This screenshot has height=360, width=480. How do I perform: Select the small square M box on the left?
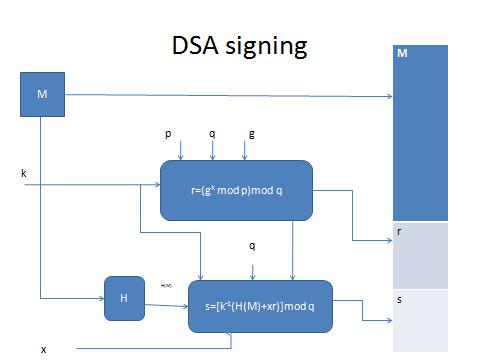click(x=41, y=94)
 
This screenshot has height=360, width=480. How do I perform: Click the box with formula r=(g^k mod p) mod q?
click(x=236, y=190)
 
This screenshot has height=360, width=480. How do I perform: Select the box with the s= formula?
click(x=259, y=306)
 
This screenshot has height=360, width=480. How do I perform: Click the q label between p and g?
click(x=213, y=131)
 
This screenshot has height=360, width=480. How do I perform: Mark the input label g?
click(x=251, y=131)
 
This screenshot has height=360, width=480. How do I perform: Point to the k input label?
click(x=23, y=173)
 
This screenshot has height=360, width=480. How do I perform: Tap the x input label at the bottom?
click(x=43, y=349)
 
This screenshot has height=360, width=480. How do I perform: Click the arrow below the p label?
click(x=181, y=150)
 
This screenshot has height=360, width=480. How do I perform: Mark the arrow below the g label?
click(x=251, y=150)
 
